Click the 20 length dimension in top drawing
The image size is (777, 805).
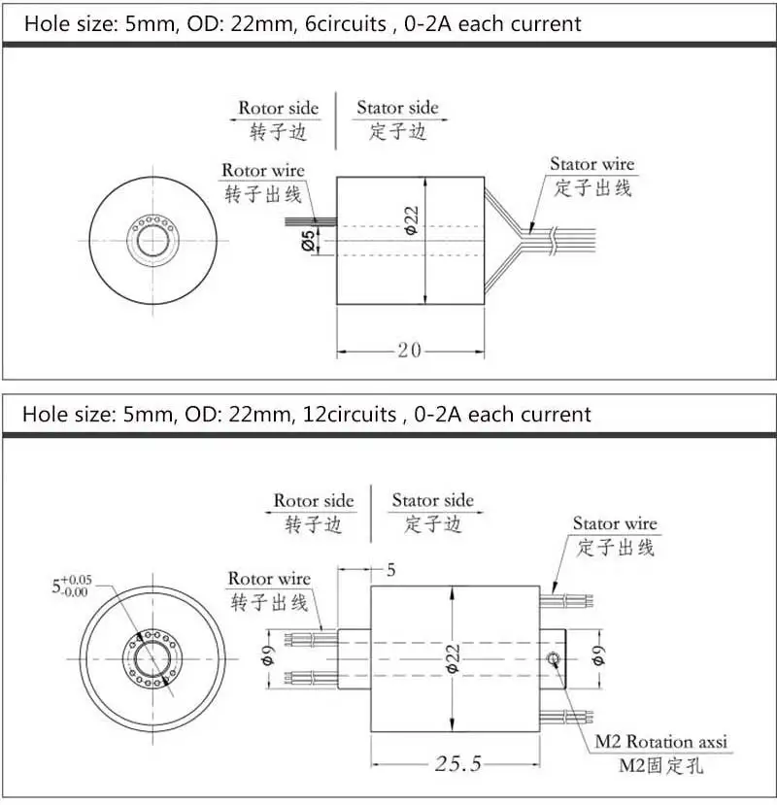409,350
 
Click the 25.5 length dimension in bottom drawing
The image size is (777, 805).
456,763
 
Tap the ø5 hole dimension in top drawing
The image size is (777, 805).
308,240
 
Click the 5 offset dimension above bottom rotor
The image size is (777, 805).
390,570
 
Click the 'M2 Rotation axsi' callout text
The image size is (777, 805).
660,743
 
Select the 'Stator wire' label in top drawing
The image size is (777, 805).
591,164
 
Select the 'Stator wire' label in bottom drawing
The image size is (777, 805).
614,524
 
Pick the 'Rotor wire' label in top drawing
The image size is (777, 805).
262,171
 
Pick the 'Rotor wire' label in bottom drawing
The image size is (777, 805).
269,579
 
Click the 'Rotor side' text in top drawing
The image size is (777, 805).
278,108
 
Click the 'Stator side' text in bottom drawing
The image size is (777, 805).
432,500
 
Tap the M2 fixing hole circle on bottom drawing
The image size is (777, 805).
553,660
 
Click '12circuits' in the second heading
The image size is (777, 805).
351,415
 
